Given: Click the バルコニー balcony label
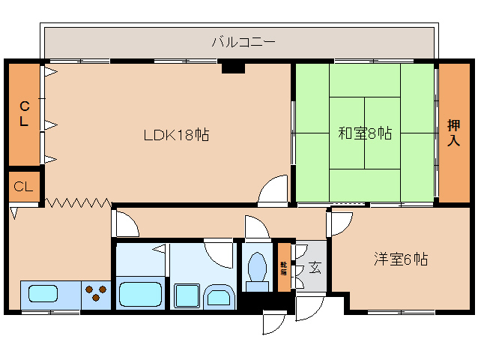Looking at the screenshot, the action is (x=243, y=42).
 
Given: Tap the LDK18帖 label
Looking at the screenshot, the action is (x=176, y=135).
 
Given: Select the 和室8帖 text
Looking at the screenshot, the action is (x=365, y=133).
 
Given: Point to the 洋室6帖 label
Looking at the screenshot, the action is (x=401, y=259).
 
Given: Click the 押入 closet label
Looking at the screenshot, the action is (x=453, y=133).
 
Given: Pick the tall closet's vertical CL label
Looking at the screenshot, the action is (x=25, y=114).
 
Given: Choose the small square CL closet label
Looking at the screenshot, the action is (x=23, y=187).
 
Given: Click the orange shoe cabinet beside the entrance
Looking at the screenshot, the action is (x=284, y=267).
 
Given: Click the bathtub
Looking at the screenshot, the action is (x=141, y=294).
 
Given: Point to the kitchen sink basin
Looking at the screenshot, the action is (x=43, y=294).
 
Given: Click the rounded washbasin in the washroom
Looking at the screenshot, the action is (x=219, y=296).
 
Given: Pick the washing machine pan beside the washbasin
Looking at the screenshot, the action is (x=187, y=295).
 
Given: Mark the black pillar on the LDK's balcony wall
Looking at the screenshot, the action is (x=233, y=67).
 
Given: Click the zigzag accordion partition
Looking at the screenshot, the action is (x=79, y=202).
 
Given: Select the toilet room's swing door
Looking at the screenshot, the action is (x=257, y=226).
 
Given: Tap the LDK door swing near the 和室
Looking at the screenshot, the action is (x=273, y=188).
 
